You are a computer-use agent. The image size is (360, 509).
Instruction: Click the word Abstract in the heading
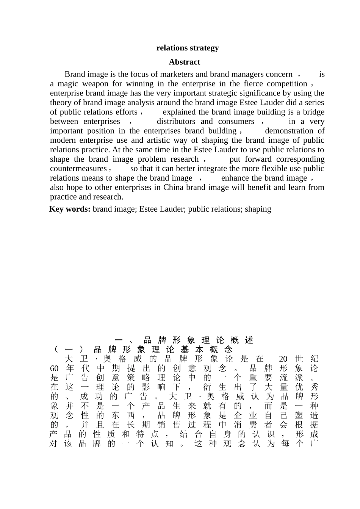click(x=184, y=62)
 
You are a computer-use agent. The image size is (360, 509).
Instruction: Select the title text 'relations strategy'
click(x=188, y=48)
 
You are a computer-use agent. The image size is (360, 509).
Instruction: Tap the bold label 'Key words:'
click(x=70, y=209)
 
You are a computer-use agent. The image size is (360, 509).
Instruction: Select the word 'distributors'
click(x=176, y=122)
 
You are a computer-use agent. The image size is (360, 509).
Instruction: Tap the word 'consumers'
click(x=236, y=122)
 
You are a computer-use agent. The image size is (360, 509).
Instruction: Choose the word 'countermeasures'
click(x=78, y=169)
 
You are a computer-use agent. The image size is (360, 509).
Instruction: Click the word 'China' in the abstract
click(x=173, y=187)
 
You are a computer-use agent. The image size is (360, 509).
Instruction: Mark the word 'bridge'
click(x=313, y=112)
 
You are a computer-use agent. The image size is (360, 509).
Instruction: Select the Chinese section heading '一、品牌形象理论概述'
click(x=184, y=340)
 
